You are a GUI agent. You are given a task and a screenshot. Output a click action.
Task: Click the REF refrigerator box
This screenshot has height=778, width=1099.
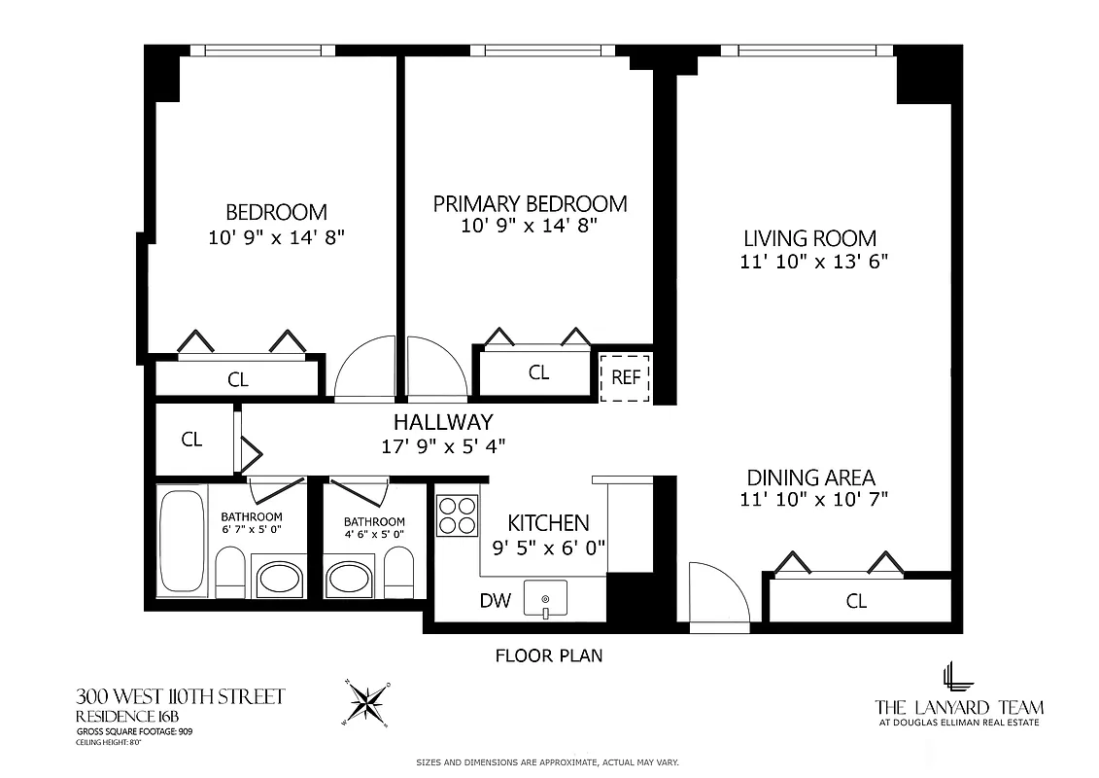[626, 377]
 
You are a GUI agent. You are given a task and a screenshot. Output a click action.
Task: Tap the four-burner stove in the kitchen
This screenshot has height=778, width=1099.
[457, 515]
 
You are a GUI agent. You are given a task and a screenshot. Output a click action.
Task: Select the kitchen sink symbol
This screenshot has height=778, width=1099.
[545, 598]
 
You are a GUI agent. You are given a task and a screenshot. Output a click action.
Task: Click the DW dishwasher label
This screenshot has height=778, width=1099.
[495, 601]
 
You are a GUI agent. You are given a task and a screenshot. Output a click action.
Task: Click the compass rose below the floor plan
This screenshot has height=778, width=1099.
[368, 702]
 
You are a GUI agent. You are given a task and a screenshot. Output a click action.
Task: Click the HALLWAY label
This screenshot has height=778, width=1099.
[443, 422]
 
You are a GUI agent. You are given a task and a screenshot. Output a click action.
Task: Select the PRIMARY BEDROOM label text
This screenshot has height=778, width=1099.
[530, 203]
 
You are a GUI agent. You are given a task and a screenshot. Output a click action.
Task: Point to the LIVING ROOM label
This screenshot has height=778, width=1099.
[809, 238]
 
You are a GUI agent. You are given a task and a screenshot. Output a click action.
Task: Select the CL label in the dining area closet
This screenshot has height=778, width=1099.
[856, 601]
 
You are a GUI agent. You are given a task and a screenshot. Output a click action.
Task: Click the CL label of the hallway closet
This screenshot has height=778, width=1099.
[192, 440]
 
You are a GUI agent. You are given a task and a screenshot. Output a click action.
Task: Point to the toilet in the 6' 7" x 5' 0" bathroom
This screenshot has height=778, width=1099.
[230, 574]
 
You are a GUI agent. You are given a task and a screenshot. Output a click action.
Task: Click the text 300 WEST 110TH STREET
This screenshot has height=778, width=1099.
[181, 696]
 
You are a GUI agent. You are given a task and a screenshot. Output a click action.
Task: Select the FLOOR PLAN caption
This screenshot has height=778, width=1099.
[549, 655]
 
